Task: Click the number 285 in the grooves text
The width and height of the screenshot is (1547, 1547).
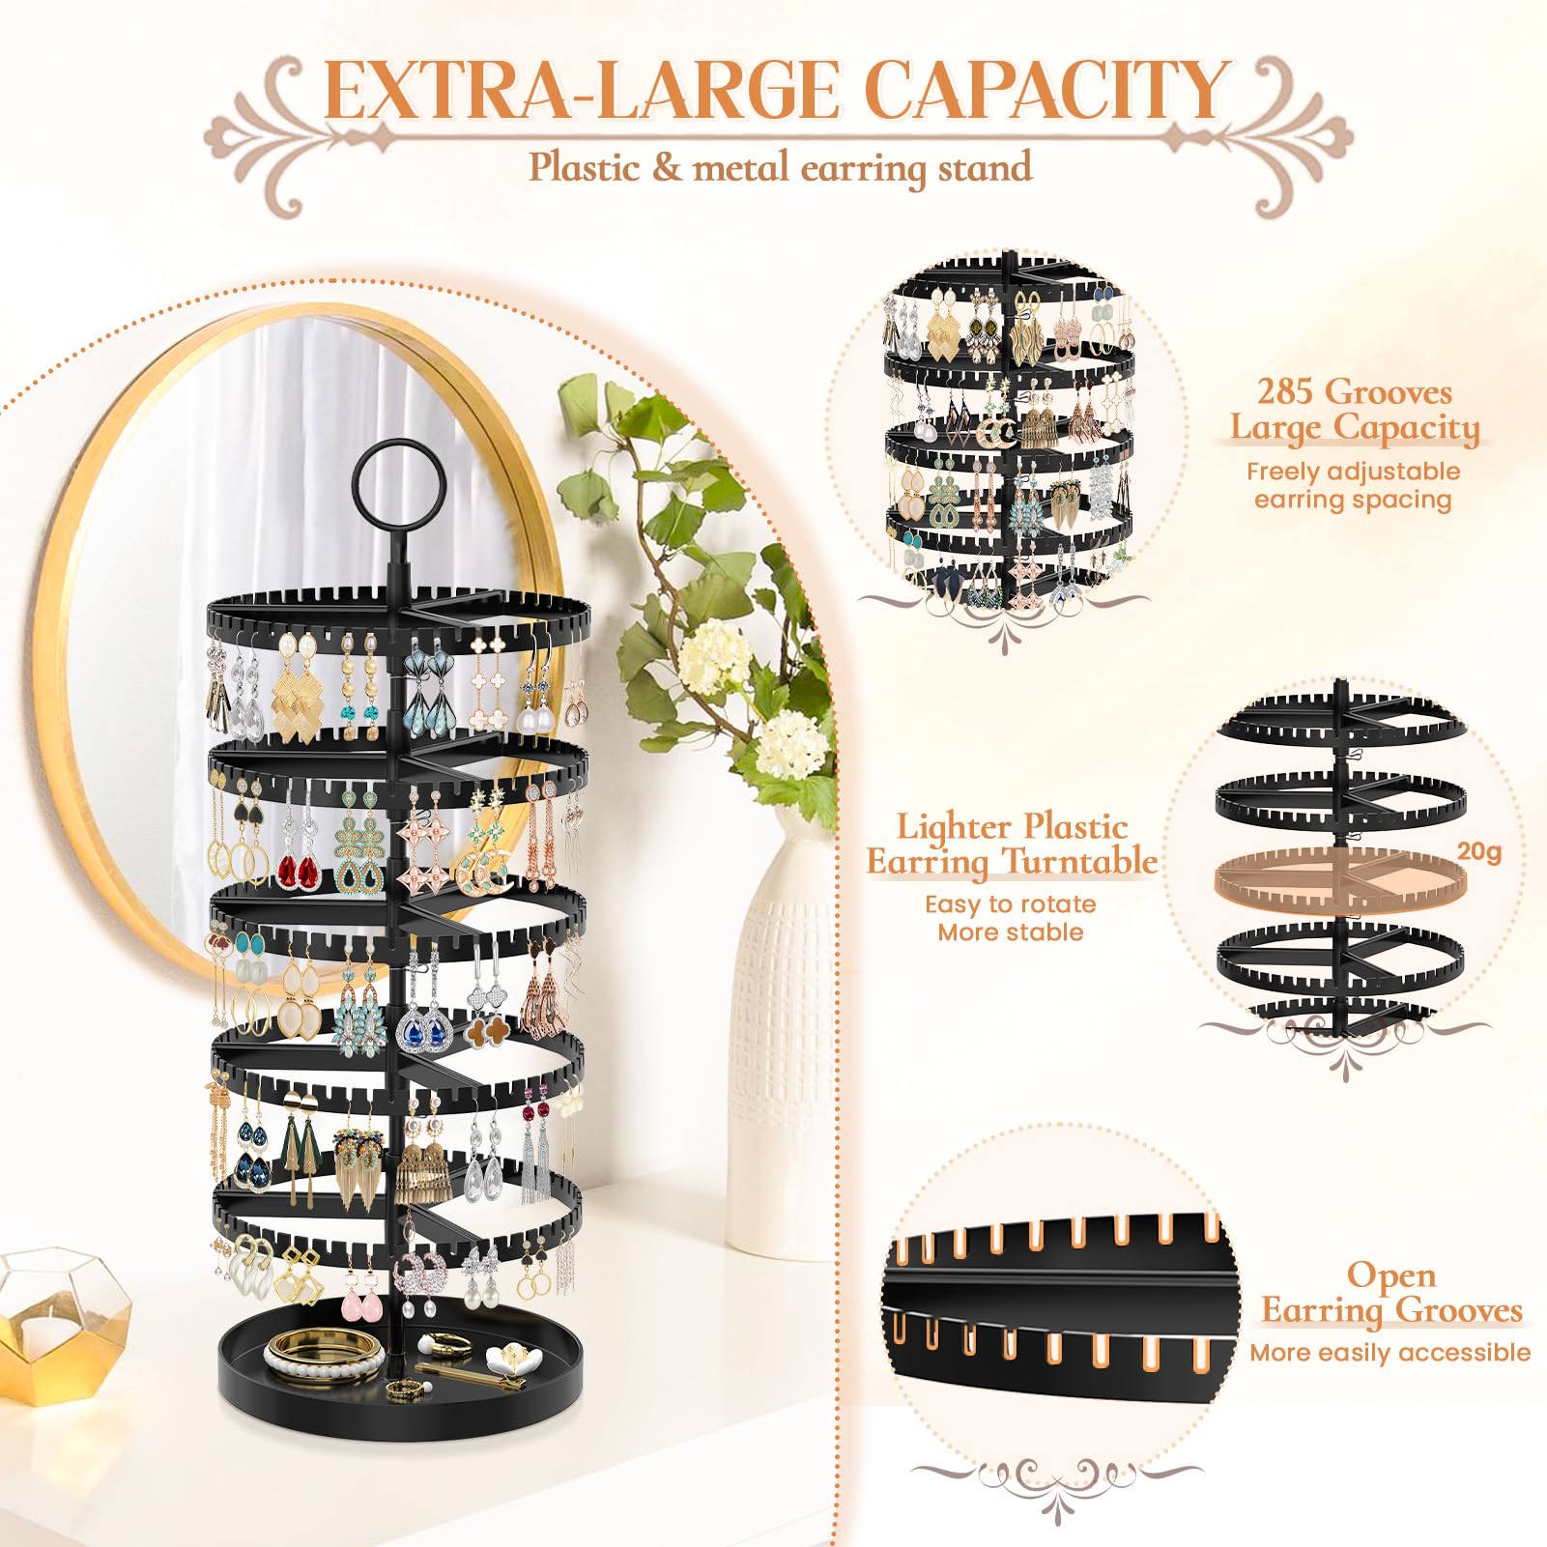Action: (x=1285, y=391)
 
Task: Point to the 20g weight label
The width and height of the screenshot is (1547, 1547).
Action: (x=1478, y=851)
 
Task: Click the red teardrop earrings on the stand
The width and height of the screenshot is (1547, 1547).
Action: (x=299, y=872)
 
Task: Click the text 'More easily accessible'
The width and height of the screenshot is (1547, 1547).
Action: (x=1389, y=1352)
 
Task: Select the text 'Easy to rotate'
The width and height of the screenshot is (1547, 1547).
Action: (x=1010, y=904)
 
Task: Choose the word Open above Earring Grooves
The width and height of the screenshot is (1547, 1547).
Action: (x=1390, y=1275)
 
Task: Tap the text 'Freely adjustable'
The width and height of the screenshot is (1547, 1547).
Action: (x=1353, y=472)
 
